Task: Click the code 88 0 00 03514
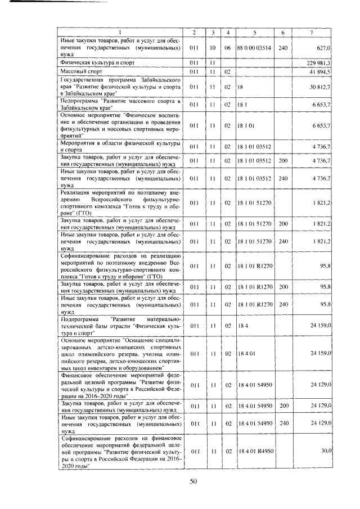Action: (254, 48)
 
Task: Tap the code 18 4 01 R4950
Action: (255, 451)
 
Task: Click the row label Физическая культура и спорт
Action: (95, 62)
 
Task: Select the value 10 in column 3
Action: (213, 48)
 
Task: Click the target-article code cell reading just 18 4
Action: (242, 325)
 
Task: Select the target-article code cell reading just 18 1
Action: (242, 105)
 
